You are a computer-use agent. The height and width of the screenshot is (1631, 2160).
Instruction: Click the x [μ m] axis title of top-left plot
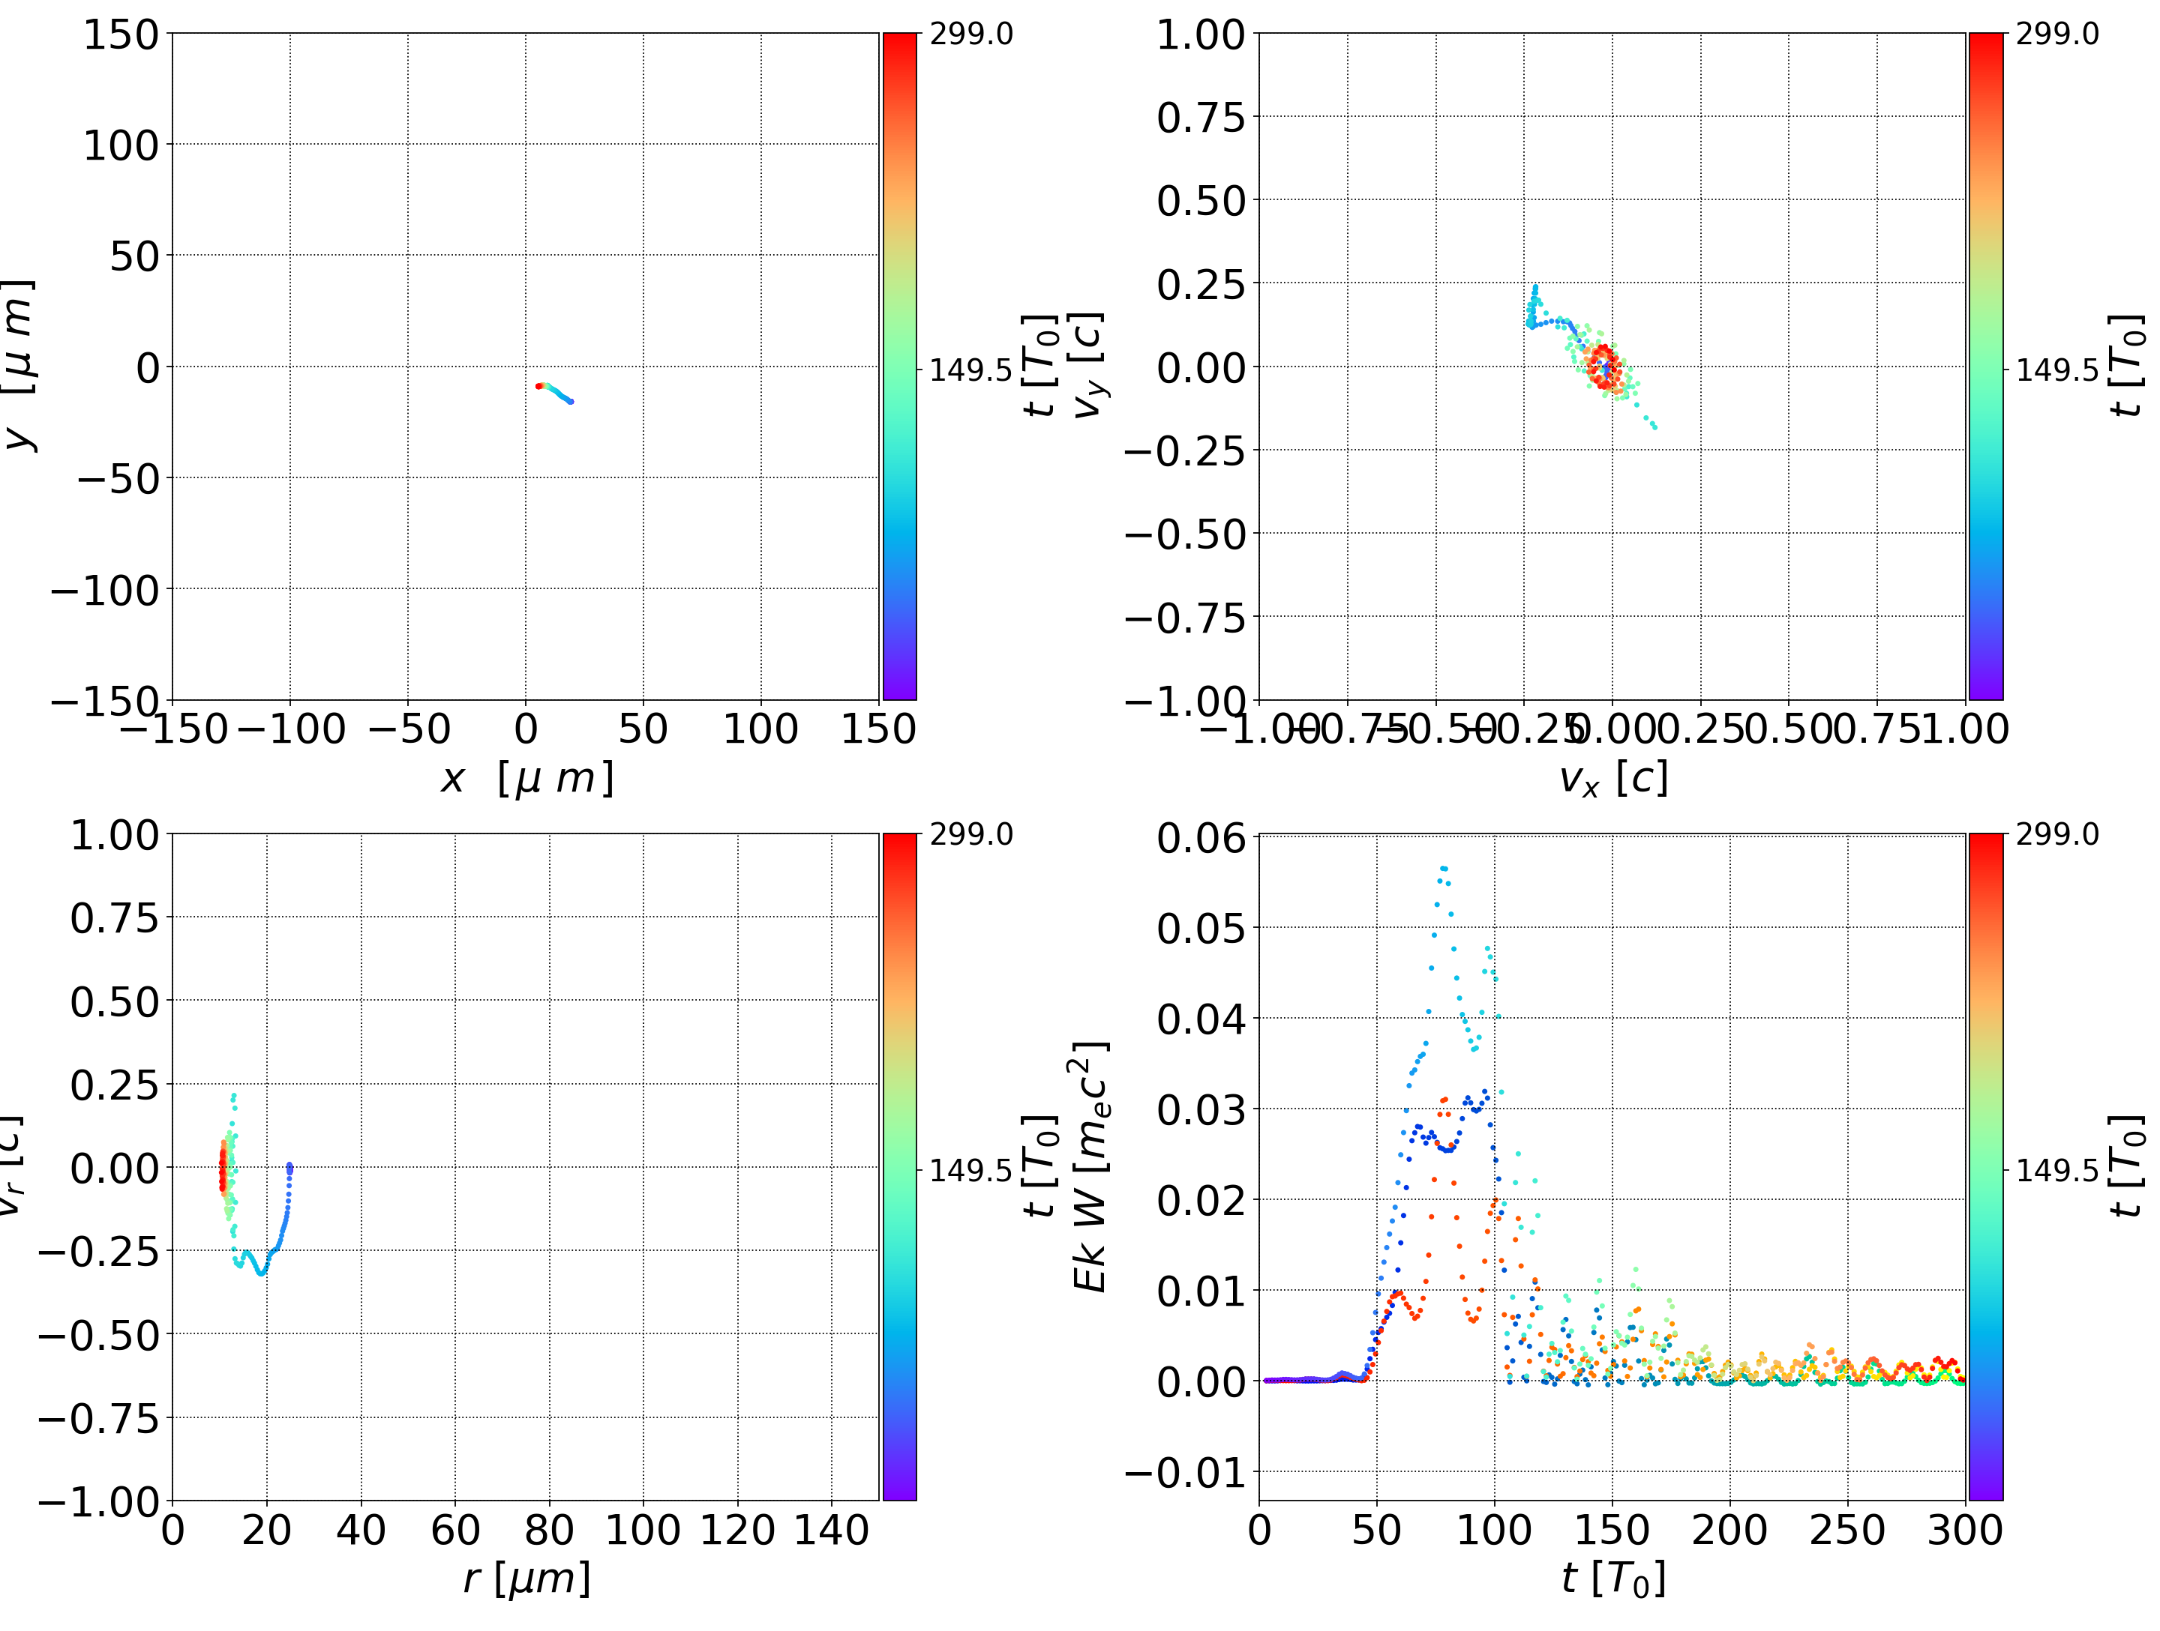pos(526,779)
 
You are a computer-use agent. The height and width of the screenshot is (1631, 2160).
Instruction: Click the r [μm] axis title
pos(526,1579)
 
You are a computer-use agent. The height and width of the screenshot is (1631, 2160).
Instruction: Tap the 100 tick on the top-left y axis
pos(120,145)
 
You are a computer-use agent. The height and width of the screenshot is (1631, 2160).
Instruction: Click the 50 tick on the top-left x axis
pos(643,729)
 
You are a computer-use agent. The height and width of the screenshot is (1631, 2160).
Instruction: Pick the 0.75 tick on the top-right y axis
pos(1201,118)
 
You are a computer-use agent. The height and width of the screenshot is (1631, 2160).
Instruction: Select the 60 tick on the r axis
pos(455,1530)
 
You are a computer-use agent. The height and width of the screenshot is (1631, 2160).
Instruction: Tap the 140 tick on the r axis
pos(831,1530)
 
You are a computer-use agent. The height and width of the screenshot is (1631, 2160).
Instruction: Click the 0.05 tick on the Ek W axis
pos(1201,928)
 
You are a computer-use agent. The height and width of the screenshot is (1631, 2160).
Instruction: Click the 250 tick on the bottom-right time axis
pos(1846,1530)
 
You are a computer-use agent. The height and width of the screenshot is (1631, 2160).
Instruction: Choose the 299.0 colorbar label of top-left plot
pos(970,34)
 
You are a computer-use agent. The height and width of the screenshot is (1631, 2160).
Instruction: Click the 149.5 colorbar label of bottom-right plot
pos(2056,1169)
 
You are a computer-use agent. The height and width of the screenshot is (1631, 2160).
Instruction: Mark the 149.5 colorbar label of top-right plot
pos(2056,370)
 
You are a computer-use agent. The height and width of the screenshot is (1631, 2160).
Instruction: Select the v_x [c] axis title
pos(1613,779)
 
